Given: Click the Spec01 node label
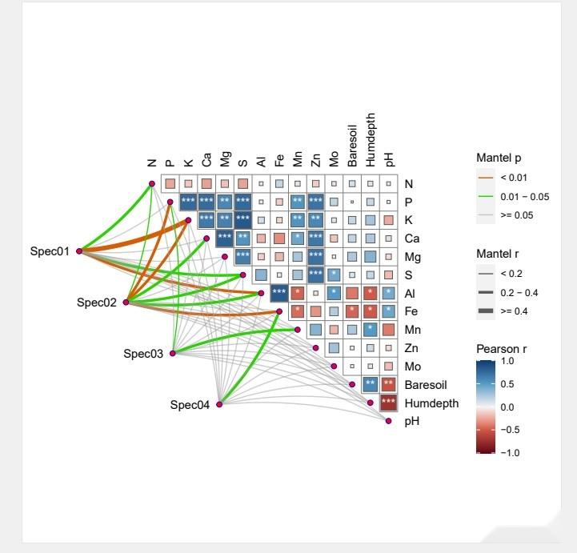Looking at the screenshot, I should pyautogui.click(x=50, y=251).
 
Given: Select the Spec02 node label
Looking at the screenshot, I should pyautogui.click(x=97, y=303).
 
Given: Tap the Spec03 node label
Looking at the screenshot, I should pyautogui.click(x=143, y=354).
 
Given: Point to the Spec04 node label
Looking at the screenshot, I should pyautogui.click(x=190, y=405).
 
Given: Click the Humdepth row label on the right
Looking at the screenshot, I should pyautogui.click(x=431, y=403).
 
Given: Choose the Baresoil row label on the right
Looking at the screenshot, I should pyautogui.click(x=427, y=385).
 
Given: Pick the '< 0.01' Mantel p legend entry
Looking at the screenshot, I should pyautogui.click(x=513, y=178).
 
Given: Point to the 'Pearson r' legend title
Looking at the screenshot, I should pyautogui.click(x=501, y=349).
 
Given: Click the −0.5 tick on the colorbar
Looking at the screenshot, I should pyautogui.click(x=510, y=430).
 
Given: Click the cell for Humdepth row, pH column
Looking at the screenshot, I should pyautogui.click(x=389, y=403).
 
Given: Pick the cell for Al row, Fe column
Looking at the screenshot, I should pyautogui.click(x=279, y=292).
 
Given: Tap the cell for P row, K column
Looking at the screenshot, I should pyautogui.click(x=188, y=201).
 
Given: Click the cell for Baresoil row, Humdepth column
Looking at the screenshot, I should pyautogui.click(x=371, y=384).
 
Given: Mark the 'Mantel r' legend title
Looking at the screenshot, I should pyautogui.click(x=499, y=254).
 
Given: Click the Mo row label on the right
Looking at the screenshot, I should pyautogui.click(x=412, y=367).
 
